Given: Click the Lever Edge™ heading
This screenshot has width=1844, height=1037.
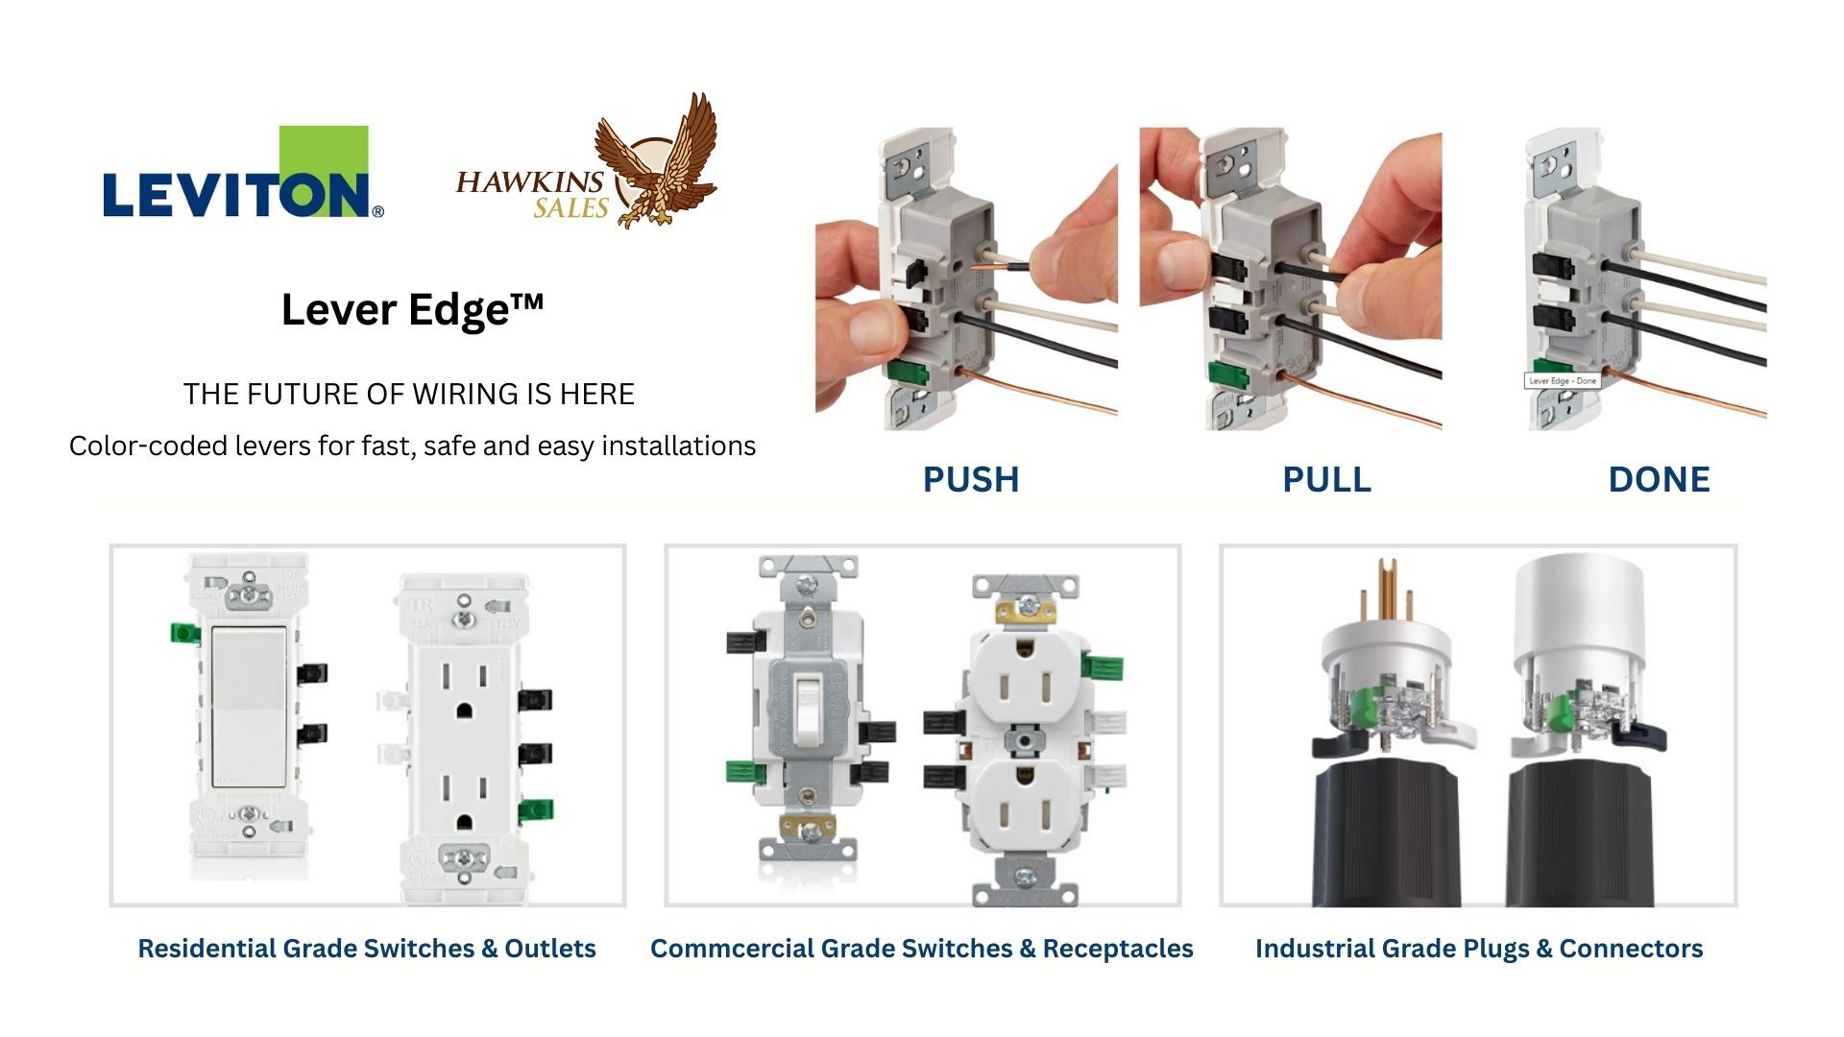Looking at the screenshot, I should [x=412, y=309].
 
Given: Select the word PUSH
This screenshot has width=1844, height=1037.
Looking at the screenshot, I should [x=970, y=479].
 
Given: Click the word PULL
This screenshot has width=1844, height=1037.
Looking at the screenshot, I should [x=1326, y=479].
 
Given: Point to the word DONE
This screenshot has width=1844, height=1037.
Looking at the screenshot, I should [x=1659, y=479].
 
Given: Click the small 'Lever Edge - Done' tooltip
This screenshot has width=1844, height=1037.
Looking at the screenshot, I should [x=1563, y=380].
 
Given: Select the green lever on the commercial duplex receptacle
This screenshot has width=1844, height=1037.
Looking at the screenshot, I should [x=1103, y=665].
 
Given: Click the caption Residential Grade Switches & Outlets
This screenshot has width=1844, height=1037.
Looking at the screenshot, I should [x=367, y=949].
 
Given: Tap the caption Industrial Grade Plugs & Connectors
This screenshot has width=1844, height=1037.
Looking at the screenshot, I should [x=1478, y=949].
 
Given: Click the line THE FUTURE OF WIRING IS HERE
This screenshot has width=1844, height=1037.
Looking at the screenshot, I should [x=409, y=394].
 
